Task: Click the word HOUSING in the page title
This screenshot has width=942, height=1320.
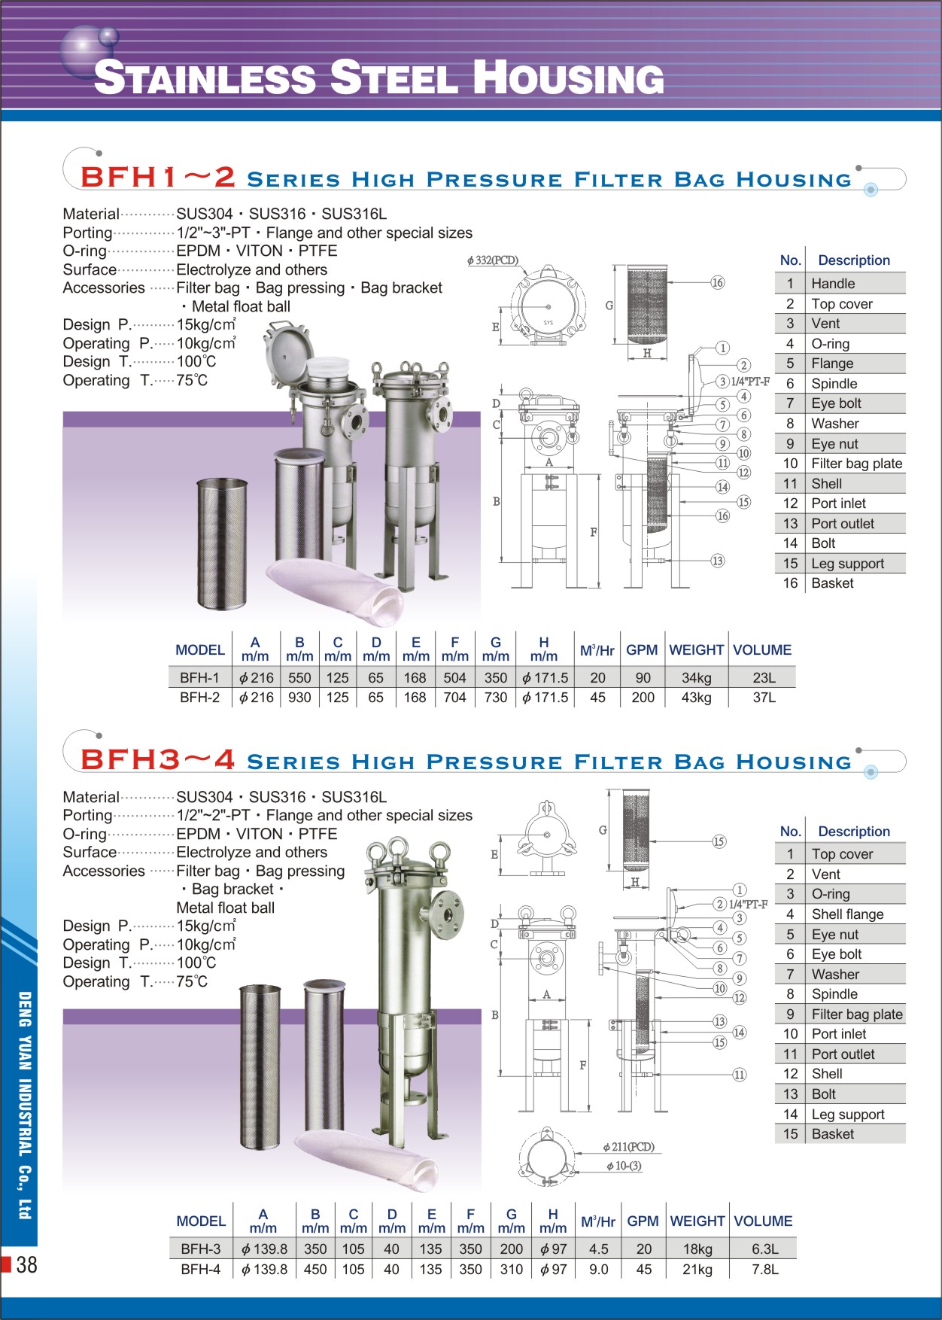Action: pyautogui.click(x=569, y=78)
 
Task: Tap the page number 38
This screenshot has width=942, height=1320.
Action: pyautogui.click(x=26, y=1264)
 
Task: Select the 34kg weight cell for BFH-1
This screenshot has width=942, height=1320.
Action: pyautogui.click(x=696, y=677)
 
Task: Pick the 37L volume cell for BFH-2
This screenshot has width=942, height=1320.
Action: pyautogui.click(x=764, y=698)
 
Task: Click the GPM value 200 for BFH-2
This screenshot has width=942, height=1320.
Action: pyautogui.click(x=643, y=698)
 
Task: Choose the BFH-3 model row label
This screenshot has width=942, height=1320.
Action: pyautogui.click(x=201, y=1249)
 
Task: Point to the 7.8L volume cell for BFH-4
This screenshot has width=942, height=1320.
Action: pyautogui.click(x=764, y=1269)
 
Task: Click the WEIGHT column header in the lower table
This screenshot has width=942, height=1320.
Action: pyautogui.click(x=697, y=1221)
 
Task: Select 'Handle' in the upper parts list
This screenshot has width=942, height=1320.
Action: pyautogui.click(x=833, y=284)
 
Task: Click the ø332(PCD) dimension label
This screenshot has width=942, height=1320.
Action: pyautogui.click(x=493, y=260)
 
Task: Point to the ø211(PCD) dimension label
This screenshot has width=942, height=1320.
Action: pyautogui.click(x=628, y=1147)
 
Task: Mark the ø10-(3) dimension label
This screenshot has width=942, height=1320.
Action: pyautogui.click(x=624, y=1166)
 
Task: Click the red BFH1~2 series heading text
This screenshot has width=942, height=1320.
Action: pyautogui.click(x=158, y=178)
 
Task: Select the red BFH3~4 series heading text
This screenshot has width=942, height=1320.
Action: pyautogui.click(x=158, y=760)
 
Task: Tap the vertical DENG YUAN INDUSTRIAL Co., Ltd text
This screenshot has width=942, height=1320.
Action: pyautogui.click(x=25, y=1106)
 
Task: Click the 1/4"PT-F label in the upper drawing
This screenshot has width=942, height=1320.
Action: pyautogui.click(x=750, y=382)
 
